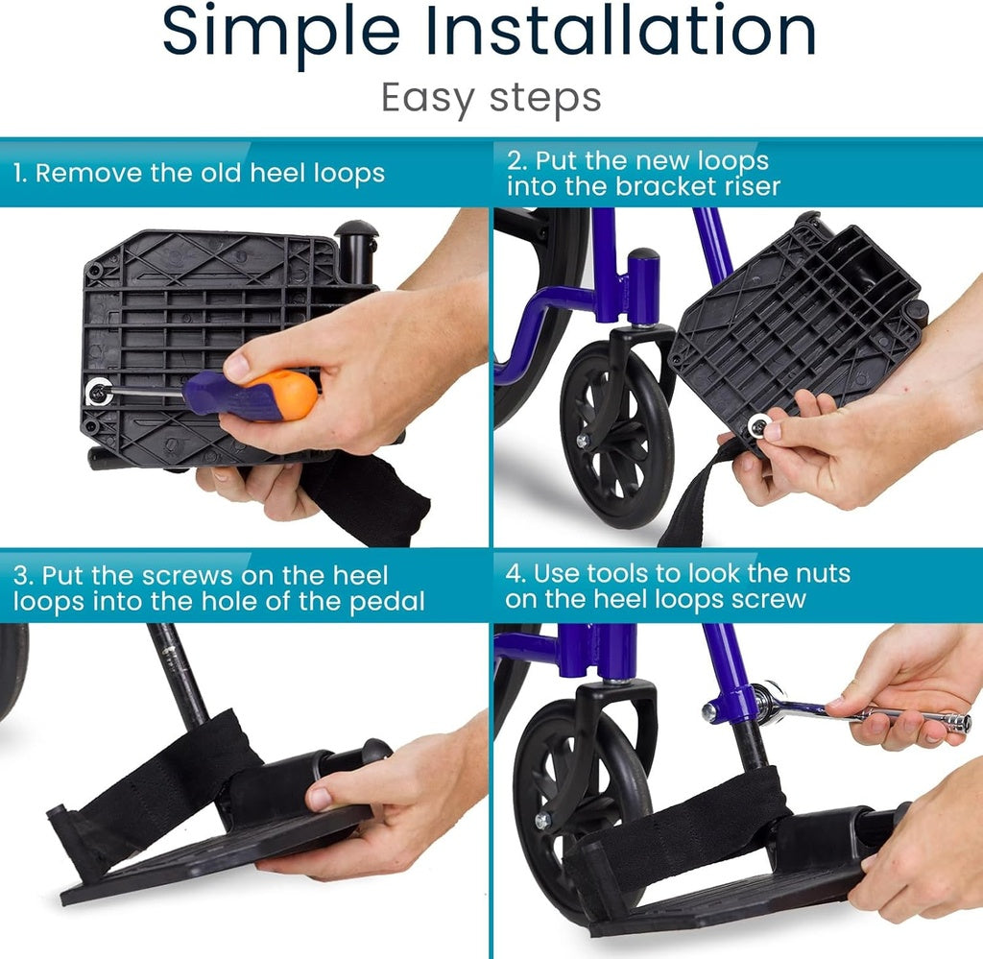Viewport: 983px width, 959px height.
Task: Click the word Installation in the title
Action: [x=621, y=31]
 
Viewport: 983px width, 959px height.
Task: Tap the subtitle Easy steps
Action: [x=491, y=98]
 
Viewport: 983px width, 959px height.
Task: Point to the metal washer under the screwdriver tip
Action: [x=98, y=390]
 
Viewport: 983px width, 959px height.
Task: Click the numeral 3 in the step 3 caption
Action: [x=20, y=576]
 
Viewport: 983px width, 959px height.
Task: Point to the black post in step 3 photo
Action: [x=179, y=673]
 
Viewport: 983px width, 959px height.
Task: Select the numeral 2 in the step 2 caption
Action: [x=514, y=160]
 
